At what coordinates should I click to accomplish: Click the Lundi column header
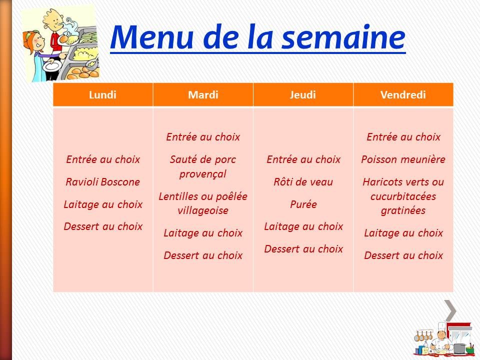102,95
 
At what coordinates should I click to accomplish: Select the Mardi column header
203,95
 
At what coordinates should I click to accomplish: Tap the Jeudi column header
303,95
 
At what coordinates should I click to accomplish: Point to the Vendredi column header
403,95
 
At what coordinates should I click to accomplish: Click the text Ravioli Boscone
103,182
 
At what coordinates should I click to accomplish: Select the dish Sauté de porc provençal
203,167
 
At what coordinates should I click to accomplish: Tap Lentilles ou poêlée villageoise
203,203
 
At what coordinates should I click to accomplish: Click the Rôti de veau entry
303,182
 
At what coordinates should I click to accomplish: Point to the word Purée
303,204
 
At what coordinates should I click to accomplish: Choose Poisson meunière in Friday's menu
403,160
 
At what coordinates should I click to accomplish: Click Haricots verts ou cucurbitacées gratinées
403,196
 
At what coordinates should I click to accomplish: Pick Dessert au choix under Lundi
103,226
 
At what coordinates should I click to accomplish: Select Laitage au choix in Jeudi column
303,226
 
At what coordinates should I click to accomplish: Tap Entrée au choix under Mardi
203,137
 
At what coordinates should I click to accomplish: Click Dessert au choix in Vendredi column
403,255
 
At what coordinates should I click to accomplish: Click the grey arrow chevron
450,310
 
